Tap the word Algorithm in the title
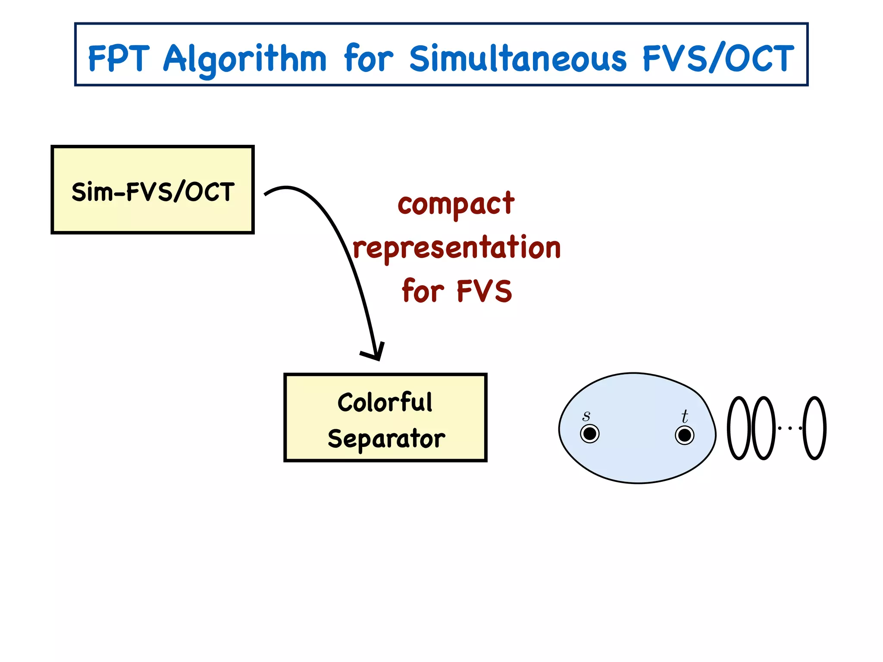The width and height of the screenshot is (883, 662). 244,59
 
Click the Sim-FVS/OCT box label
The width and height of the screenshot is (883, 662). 153,192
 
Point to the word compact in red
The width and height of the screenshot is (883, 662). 456,205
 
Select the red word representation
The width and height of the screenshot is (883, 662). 457,248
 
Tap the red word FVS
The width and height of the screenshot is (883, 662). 484,291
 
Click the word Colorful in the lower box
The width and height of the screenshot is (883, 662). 385,403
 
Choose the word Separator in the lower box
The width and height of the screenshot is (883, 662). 386,439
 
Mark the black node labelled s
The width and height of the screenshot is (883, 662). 589,434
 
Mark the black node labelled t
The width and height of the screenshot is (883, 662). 684,435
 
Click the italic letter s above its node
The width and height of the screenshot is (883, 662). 586,416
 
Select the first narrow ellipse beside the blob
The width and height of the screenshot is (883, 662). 739,428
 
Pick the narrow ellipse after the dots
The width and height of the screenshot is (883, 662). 814,428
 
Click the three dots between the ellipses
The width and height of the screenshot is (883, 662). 790,428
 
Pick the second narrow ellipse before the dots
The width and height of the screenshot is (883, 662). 763,428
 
